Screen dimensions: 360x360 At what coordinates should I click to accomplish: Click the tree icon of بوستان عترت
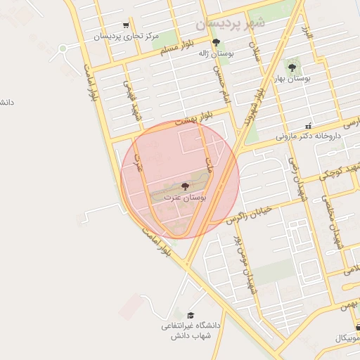point(185,186)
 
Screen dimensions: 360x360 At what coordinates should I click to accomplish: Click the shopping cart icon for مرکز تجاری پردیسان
point(126,25)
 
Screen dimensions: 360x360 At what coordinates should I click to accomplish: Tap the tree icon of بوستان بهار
point(292,68)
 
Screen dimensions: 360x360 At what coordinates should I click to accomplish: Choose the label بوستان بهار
point(292,79)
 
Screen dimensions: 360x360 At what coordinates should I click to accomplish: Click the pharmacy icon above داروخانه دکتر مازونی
point(308,126)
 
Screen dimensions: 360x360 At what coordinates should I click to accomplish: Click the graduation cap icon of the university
point(191,315)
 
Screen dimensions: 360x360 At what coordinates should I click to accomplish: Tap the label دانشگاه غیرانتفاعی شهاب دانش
point(191,331)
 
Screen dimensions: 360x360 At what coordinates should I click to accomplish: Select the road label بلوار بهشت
point(192,120)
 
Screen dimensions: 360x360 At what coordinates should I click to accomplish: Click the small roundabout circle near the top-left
point(63,49)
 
